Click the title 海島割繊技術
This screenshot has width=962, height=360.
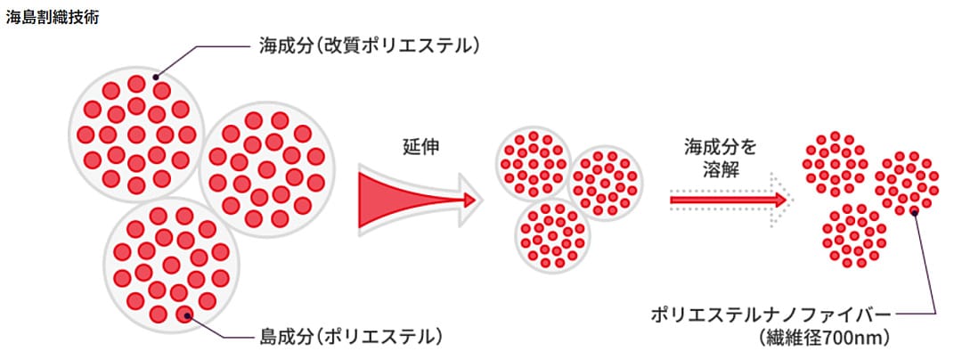52,17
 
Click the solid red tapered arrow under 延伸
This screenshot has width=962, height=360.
417,200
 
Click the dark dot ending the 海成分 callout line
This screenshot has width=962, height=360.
156,78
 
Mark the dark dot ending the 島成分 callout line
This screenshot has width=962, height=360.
187,316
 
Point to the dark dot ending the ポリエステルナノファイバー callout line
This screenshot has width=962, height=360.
914,211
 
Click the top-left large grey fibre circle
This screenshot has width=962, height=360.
136,135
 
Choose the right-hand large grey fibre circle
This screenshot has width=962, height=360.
267,170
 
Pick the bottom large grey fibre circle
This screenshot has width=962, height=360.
171,266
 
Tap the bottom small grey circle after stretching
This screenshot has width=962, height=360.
551,235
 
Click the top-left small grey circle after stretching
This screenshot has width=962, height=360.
534,164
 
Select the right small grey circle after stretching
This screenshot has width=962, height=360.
605,182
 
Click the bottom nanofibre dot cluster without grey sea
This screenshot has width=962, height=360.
853,236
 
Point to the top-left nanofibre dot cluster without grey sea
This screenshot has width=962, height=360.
835,164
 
